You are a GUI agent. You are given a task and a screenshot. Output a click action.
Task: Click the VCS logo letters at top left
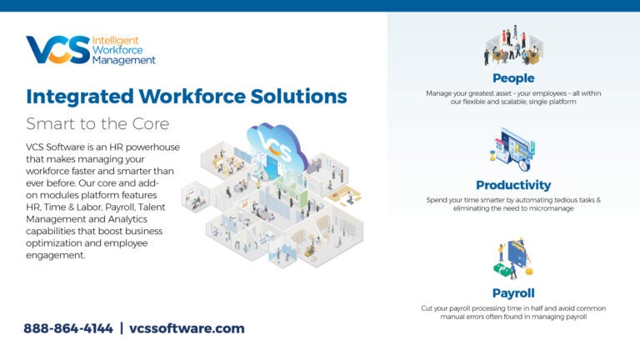click(x=57, y=50)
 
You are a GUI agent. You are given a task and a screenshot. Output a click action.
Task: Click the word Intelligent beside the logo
click(x=115, y=40)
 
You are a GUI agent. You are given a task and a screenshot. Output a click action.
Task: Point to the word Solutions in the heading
click(x=301, y=97)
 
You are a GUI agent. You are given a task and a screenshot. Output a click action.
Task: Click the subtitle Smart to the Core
click(x=97, y=124)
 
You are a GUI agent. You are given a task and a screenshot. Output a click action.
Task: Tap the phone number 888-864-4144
click(x=68, y=328)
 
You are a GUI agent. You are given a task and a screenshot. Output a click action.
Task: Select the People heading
click(x=512, y=78)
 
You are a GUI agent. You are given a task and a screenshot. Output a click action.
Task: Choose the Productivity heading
click(x=512, y=185)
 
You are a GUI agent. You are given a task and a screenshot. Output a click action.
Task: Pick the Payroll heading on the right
click(x=512, y=293)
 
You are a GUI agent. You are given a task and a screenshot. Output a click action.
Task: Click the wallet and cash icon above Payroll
click(x=512, y=259)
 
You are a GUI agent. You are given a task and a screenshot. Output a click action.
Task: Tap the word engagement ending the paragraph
click(x=56, y=255)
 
